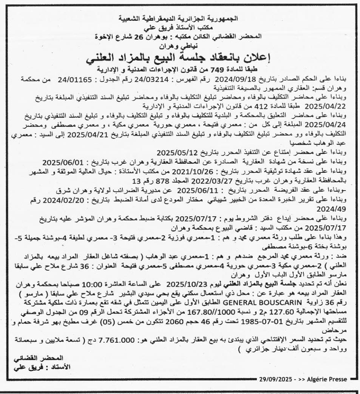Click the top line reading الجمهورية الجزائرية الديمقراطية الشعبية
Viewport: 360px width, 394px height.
point(180,17)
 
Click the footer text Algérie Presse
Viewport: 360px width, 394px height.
point(329,378)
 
